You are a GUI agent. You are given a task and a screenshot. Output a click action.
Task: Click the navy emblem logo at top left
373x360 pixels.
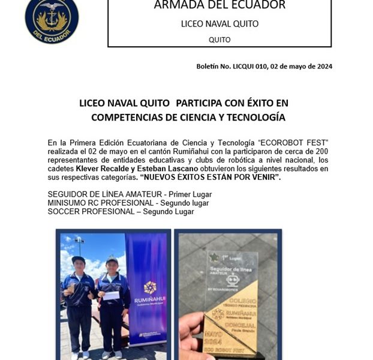pos(52,20)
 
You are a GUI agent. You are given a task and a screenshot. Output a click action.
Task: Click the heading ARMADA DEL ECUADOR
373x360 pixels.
pos(219,6)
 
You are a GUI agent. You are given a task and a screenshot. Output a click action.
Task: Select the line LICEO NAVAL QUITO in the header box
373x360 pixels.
pos(219,24)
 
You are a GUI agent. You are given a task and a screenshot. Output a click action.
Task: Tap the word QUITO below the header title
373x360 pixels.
pos(219,40)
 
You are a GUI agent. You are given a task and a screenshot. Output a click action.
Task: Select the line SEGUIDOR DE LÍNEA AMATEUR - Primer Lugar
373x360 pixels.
pos(129,194)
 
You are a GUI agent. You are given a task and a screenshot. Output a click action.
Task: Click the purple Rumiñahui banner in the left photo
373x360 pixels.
pos(147,288)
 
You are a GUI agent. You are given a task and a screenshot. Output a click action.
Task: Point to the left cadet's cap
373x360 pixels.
pos(77,259)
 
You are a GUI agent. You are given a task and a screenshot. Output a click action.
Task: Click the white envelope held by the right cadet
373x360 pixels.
pos(112,295)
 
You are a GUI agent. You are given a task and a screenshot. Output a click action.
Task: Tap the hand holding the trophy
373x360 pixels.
pos(193,336)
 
